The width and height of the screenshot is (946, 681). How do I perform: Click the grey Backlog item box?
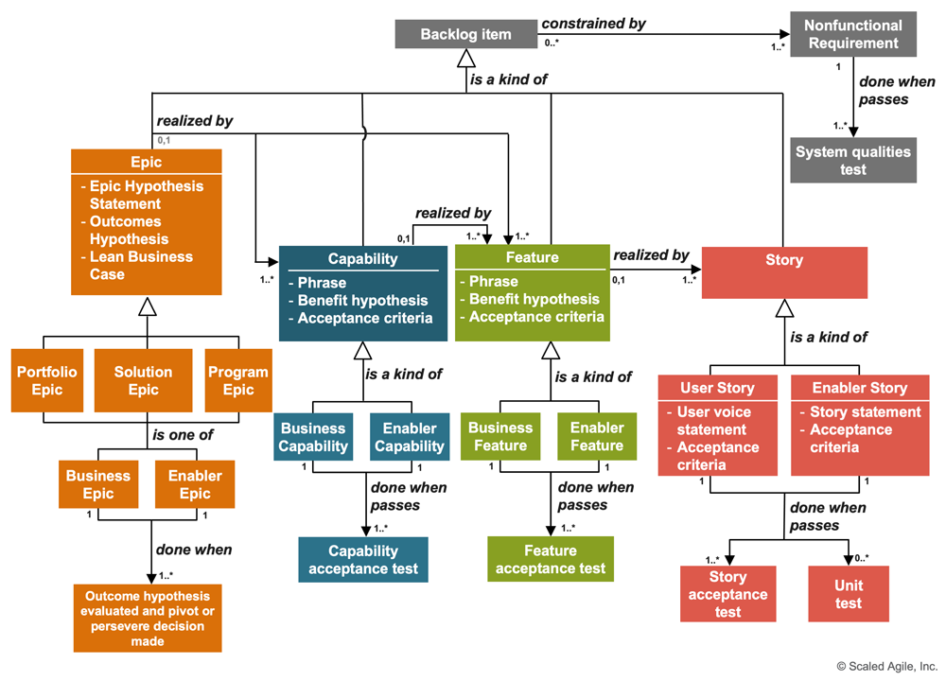(465, 35)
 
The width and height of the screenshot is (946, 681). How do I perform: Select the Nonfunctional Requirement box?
(852, 35)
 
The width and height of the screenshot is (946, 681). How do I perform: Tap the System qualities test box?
(852, 161)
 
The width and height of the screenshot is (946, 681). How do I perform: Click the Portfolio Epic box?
(46, 380)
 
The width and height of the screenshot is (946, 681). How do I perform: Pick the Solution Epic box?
(143, 380)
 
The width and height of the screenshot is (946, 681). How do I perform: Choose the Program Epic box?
(238, 380)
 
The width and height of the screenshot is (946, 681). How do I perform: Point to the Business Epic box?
(98, 484)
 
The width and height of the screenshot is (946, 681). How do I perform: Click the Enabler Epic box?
(195, 484)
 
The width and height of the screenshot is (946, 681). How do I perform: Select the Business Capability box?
(312, 437)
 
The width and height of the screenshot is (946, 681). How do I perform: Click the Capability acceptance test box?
(363, 559)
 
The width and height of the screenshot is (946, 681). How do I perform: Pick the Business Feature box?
(500, 436)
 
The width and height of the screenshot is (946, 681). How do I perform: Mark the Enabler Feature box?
(597, 436)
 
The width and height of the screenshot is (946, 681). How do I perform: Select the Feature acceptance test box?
(550, 559)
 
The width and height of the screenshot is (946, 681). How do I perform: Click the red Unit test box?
(849, 594)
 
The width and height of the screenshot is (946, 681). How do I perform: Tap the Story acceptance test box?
(727, 594)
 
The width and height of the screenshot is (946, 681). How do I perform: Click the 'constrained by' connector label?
(593, 23)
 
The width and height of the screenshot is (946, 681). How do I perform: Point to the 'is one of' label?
(183, 435)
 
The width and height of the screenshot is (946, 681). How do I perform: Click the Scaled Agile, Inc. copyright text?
(886, 666)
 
